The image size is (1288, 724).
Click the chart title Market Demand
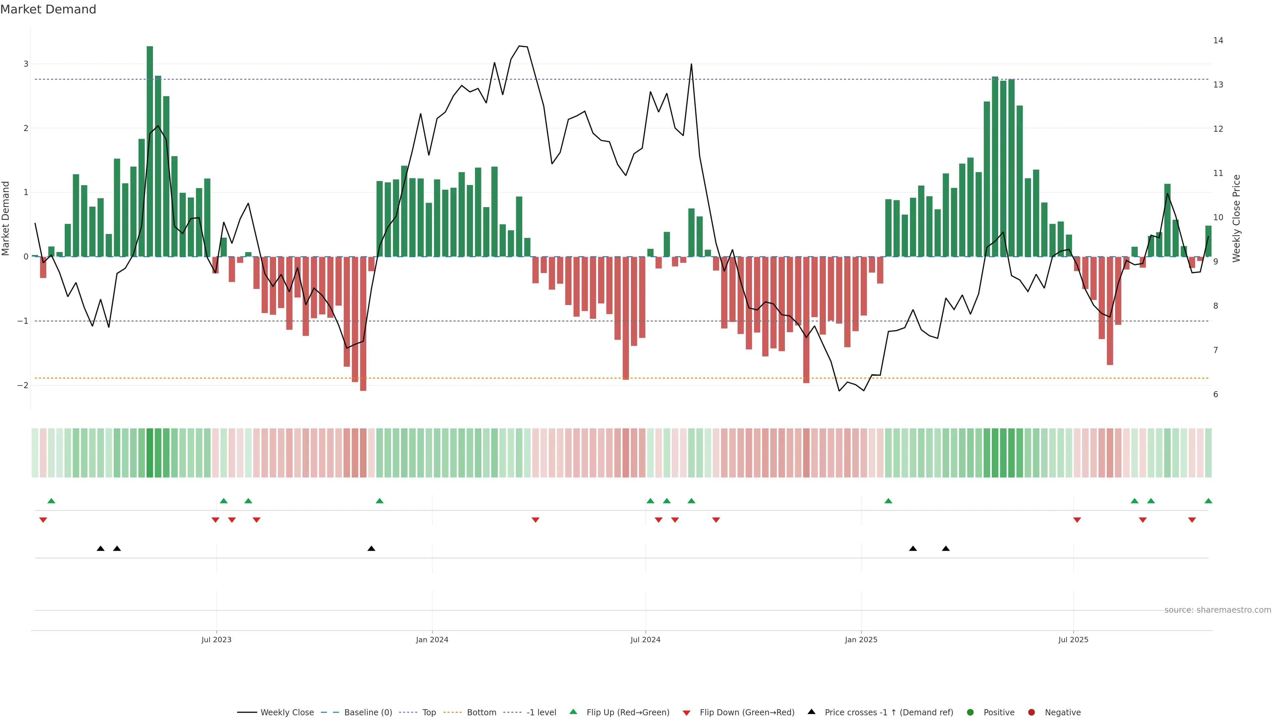(x=48, y=9)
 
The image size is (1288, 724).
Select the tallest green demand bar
(x=150, y=150)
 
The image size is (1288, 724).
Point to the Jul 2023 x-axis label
(x=216, y=640)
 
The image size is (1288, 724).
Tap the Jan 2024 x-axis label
(x=432, y=640)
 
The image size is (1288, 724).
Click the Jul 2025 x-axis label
(x=1073, y=640)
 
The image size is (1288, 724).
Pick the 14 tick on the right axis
(x=1218, y=41)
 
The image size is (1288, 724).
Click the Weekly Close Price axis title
(x=1236, y=218)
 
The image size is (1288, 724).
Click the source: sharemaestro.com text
(x=1218, y=610)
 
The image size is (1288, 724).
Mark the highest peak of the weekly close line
(x=520, y=46)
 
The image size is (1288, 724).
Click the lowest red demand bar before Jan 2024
(x=363, y=325)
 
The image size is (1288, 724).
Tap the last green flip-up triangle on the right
(x=1208, y=501)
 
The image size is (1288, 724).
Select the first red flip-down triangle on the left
(x=43, y=520)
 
